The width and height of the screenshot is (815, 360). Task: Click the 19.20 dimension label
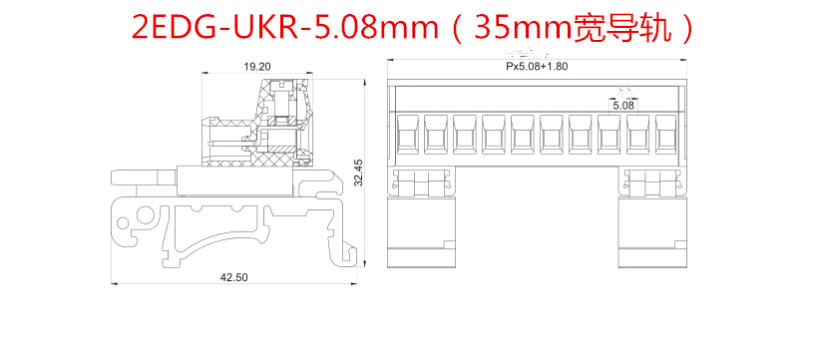pyautogui.click(x=257, y=67)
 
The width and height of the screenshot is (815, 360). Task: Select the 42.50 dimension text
pyautogui.click(x=233, y=277)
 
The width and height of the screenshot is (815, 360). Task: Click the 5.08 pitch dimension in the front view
pyautogui.click(x=623, y=106)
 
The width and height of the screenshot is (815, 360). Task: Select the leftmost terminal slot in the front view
pyautogui.click(x=407, y=134)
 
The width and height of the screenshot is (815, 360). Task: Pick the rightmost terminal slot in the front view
pyautogui.click(x=667, y=134)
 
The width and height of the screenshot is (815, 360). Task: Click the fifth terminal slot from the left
pyautogui.click(x=523, y=134)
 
